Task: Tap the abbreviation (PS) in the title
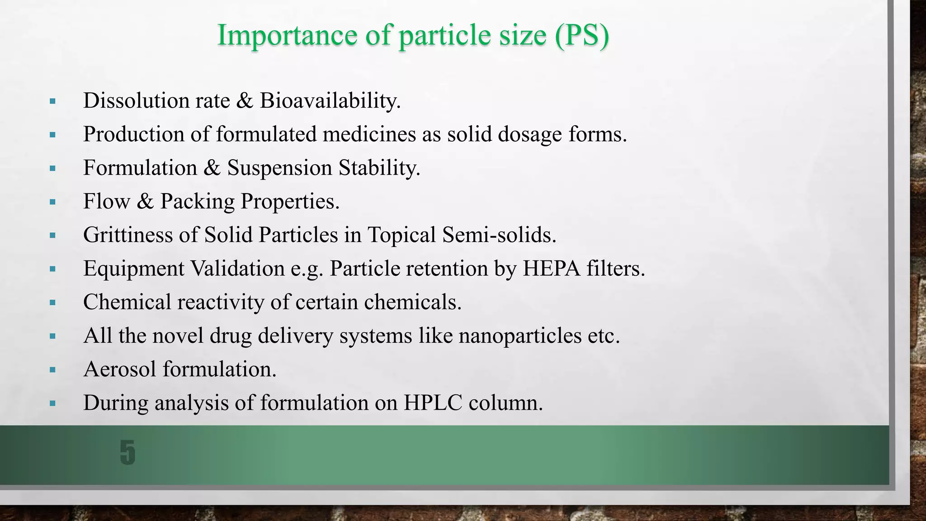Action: pyautogui.click(x=581, y=35)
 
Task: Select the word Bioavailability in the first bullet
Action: pyautogui.click(x=330, y=100)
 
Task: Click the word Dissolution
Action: pyautogui.click(x=136, y=100)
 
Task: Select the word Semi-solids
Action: pyautogui.click(x=499, y=235)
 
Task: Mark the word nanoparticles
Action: pyautogui.click(x=520, y=336)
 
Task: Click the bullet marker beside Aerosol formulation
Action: pyautogui.click(x=52, y=370)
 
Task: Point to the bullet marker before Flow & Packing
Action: pyautogui.click(x=52, y=202)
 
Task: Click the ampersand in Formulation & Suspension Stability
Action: pyautogui.click(x=212, y=168)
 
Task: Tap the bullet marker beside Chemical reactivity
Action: pyautogui.click(x=52, y=303)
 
